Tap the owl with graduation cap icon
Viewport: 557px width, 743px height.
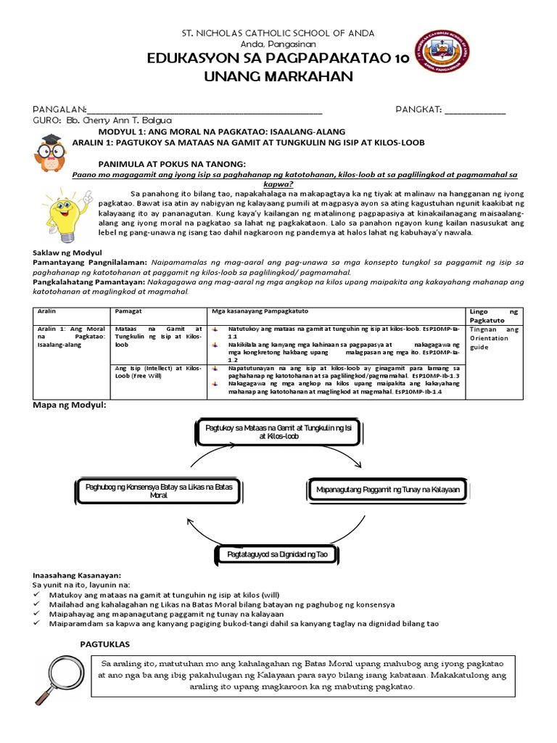(x=51, y=152)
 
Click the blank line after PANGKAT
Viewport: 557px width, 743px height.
(x=475, y=110)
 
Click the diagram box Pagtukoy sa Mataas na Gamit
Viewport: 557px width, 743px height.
(x=268, y=433)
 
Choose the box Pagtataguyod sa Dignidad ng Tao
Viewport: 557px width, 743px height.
(x=278, y=554)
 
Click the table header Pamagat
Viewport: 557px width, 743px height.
(x=127, y=311)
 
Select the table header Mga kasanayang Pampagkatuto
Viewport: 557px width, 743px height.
(x=260, y=311)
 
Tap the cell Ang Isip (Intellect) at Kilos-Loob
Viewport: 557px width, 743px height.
(x=158, y=373)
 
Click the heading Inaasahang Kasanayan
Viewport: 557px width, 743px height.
(x=76, y=574)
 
